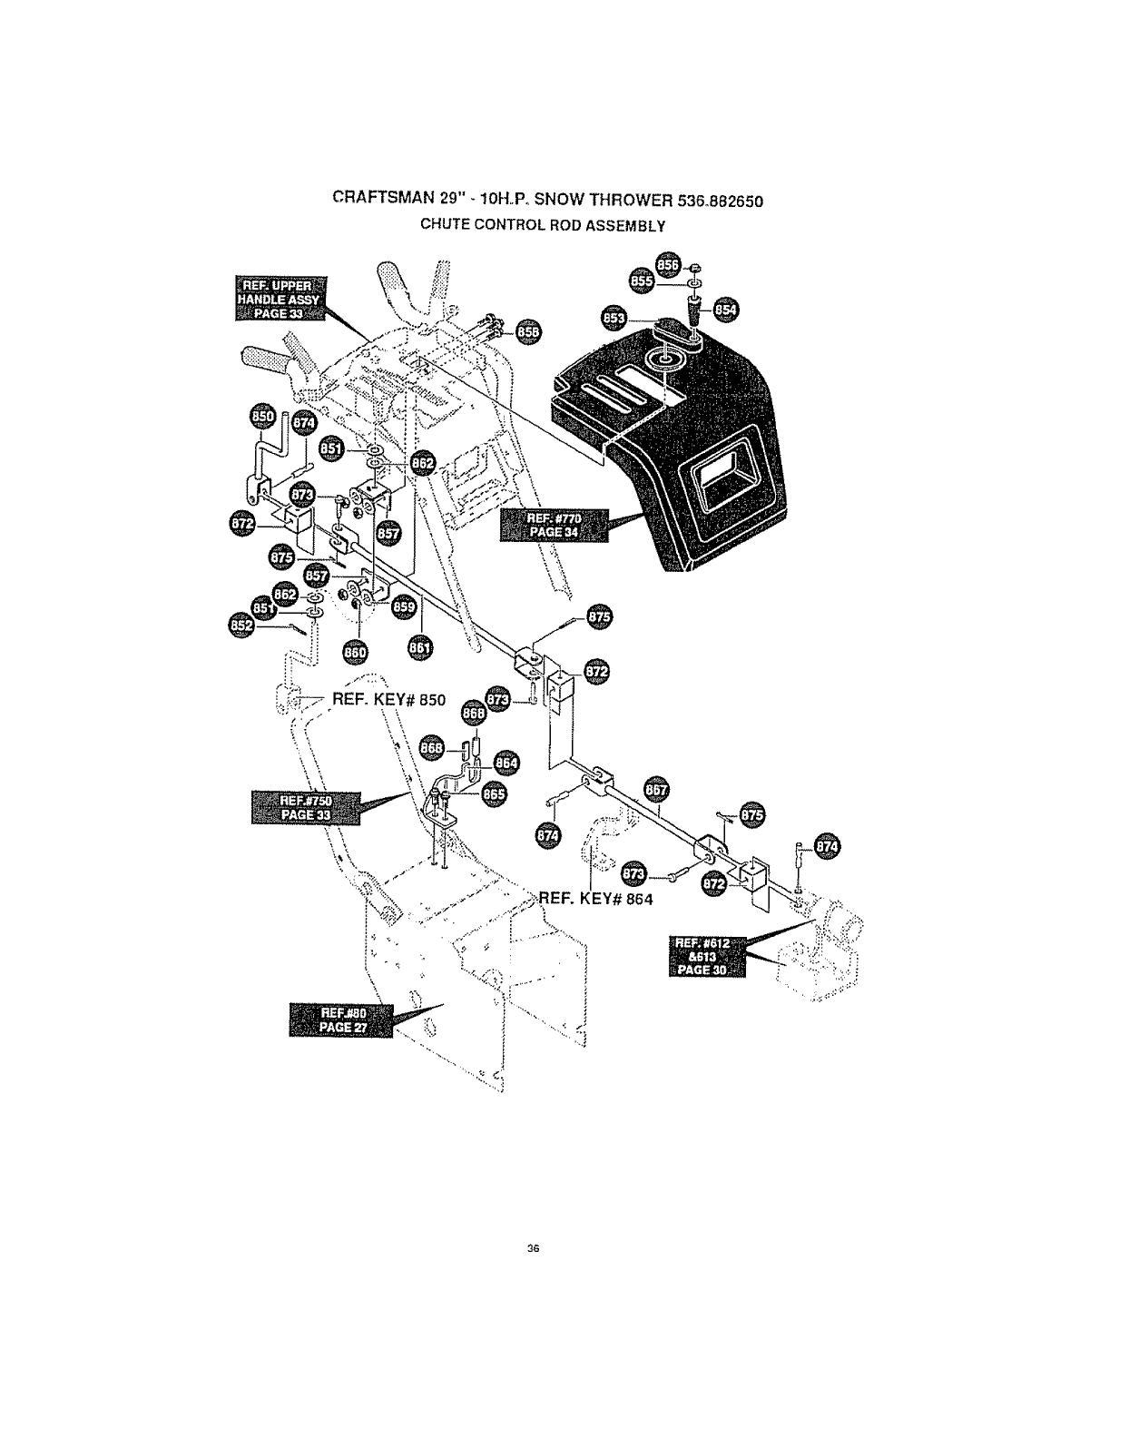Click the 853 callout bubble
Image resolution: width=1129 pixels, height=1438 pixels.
[615, 319]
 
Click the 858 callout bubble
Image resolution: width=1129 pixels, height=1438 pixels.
[527, 333]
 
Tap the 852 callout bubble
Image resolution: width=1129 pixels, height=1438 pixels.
[244, 625]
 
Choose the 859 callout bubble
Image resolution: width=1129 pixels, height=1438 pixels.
[403, 607]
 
